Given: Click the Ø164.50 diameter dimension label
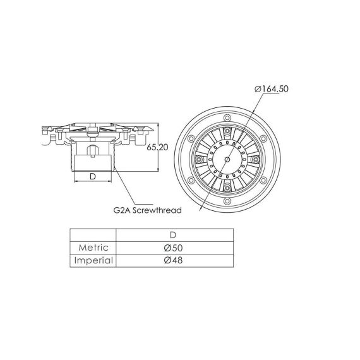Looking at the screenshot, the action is pyautogui.click(x=272, y=89).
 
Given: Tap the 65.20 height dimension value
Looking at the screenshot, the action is pyautogui.click(x=157, y=147).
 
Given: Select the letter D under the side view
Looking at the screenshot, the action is pyautogui.click(x=93, y=176).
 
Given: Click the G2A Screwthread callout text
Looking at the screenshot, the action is pyautogui.click(x=148, y=210).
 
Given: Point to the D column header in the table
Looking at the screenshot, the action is pyautogui.click(x=173, y=235).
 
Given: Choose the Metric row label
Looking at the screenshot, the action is pyautogui.click(x=93, y=248).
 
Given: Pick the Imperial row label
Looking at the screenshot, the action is pyautogui.click(x=93, y=261).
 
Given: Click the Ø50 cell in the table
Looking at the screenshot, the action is pyautogui.click(x=173, y=248).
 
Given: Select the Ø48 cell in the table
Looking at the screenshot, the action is pyautogui.click(x=173, y=260).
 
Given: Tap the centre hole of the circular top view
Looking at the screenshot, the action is pyautogui.click(x=227, y=159).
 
